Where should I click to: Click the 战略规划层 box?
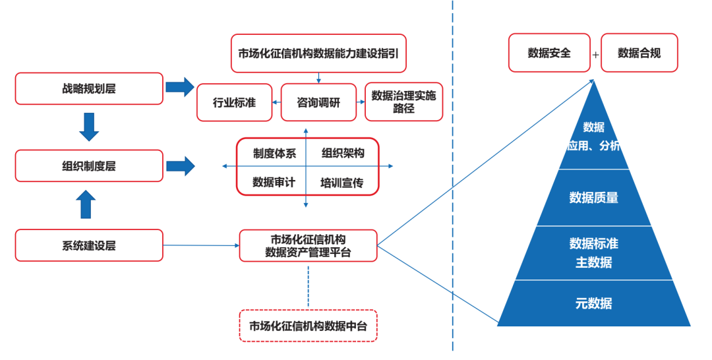(x=89, y=88)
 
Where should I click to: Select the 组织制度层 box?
(x=89, y=165)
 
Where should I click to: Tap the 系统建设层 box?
(x=89, y=245)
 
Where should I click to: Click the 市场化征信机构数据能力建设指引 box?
(x=318, y=53)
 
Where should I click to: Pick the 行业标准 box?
(x=234, y=103)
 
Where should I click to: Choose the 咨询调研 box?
(x=318, y=103)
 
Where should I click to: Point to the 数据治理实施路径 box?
(x=403, y=102)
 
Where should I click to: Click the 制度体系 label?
(x=274, y=154)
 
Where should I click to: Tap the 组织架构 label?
(x=343, y=154)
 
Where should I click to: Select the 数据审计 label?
(x=274, y=183)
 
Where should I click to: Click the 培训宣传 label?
(x=342, y=183)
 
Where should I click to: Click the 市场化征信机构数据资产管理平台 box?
(x=309, y=245)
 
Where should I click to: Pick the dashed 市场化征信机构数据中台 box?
(x=309, y=326)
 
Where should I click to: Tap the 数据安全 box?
(x=549, y=53)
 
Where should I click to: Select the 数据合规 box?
(x=639, y=53)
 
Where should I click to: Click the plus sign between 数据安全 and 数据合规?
(x=596, y=55)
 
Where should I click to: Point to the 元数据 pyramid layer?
(x=594, y=303)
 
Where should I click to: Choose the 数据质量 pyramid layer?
(x=594, y=198)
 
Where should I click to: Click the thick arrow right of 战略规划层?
(x=180, y=87)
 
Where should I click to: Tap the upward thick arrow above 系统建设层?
(x=86, y=204)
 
